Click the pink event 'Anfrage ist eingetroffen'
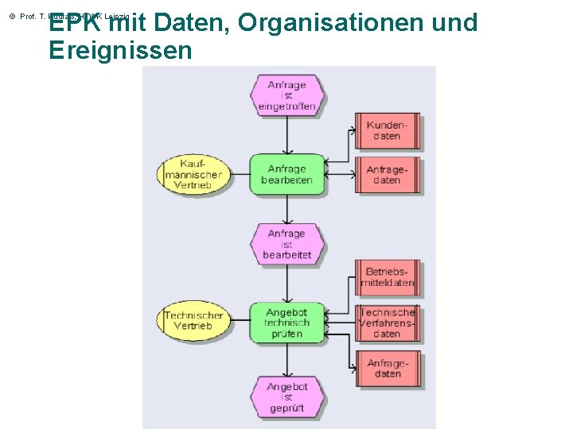[x=286, y=95]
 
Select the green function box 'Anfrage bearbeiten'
[x=286, y=174]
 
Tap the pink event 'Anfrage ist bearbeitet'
[x=286, y=244]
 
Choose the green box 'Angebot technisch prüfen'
[x=286, y=323]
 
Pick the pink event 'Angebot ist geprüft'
[x=286, y=396]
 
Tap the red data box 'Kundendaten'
[x=387, y=131]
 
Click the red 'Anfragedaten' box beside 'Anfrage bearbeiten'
[x=387, y=175]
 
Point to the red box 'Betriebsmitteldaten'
[x=387, y=277]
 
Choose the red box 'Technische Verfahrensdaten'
[x=387, y=323]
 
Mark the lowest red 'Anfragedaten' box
[x=387, y=369]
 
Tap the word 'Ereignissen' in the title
[x=120, y=51]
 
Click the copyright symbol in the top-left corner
[x=12, y=16]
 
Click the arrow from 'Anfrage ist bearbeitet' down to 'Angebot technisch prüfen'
[x=286, y=283]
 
